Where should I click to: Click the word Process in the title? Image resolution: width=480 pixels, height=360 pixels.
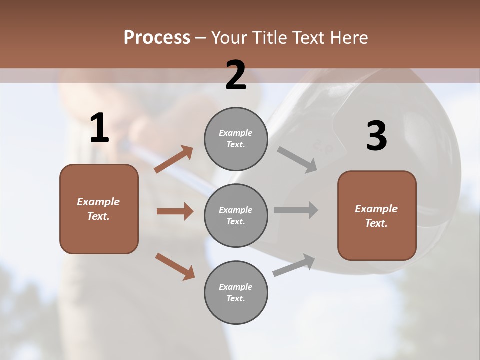[157, 37]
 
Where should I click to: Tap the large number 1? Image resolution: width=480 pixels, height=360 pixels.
[99, 128]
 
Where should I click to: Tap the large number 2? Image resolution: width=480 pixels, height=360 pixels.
[236, 75]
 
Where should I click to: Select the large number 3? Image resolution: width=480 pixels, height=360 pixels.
[376, 136]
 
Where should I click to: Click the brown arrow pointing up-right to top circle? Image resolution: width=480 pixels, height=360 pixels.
[173, 159]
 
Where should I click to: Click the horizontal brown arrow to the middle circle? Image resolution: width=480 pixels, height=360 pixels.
[175, 211]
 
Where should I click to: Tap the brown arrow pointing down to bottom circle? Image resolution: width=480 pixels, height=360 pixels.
[175, 266]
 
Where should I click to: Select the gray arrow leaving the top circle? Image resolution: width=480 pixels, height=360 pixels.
[297, 159]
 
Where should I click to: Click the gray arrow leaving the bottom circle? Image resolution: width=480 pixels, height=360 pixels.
[294, 265]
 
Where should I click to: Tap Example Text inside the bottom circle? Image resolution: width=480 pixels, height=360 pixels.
[235, 292]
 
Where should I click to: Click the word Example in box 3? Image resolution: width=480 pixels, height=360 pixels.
[376, 209]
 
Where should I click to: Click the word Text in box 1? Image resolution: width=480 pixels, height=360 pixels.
[98, 216]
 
